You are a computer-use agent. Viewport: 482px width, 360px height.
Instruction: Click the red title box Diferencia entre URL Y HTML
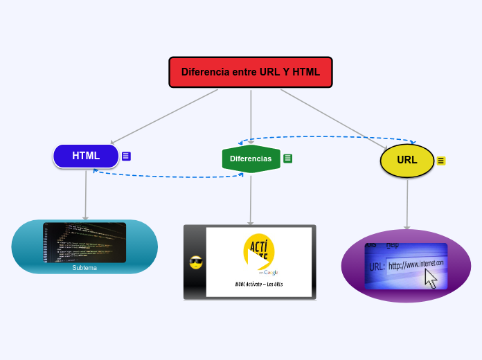(x=250, y=72)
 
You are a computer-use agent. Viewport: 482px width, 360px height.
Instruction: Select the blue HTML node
(x=86, y=156)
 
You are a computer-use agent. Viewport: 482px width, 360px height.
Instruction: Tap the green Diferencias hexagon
(x=251, y=159)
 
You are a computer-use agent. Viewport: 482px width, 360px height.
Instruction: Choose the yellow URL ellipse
(x=407, y=160)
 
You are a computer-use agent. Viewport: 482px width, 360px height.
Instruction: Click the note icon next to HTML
(x=126, y=156)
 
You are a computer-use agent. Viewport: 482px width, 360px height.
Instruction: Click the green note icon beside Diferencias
(x=288, y=159)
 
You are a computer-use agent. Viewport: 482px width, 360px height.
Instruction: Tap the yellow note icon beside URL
(x=441, y=161)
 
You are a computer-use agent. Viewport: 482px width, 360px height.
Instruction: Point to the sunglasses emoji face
(x=195, y=262)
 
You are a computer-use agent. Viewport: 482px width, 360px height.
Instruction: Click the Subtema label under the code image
(x=84, y=268)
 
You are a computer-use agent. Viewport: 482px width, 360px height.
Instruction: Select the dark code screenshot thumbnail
(x=84, y=242)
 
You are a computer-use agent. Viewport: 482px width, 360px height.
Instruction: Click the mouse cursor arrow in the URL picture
(x=431, y=279)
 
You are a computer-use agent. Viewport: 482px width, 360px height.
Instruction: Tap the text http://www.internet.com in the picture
(x=416, y=264)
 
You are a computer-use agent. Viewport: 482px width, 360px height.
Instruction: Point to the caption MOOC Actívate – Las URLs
(x=259, y=285)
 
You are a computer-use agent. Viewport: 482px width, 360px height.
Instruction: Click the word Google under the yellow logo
(x=270, y=272)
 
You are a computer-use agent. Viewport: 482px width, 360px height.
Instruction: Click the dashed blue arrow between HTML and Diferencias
(x=166, y=177)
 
